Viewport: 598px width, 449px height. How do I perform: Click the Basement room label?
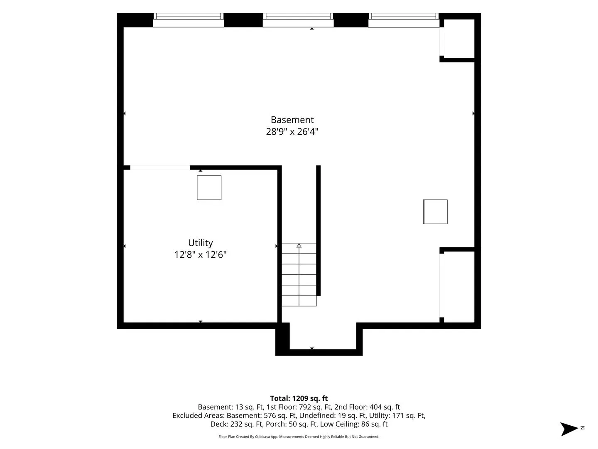point(292,120)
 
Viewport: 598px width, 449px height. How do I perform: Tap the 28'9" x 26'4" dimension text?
point(292,132)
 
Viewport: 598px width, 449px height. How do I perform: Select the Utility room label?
point(201,243)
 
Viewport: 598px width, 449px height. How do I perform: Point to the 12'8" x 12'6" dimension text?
point(201,254)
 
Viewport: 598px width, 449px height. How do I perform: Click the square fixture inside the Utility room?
point(209,187)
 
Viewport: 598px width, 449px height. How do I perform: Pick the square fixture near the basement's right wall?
point(435,212)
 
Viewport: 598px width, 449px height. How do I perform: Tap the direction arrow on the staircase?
point(299,245)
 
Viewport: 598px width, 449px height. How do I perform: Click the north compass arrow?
point(569,429)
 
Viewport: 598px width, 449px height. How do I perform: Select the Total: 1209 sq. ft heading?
point(299,398)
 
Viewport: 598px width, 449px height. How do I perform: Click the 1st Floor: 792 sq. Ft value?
point(299,407)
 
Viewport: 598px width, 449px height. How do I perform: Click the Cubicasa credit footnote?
point(299,437)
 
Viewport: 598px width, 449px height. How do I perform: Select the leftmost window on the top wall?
point(189,20)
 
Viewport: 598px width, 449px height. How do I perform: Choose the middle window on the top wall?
point(298,20)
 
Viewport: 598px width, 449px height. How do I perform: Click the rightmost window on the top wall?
point(404,20)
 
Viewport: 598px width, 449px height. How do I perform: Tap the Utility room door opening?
point(160,168)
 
